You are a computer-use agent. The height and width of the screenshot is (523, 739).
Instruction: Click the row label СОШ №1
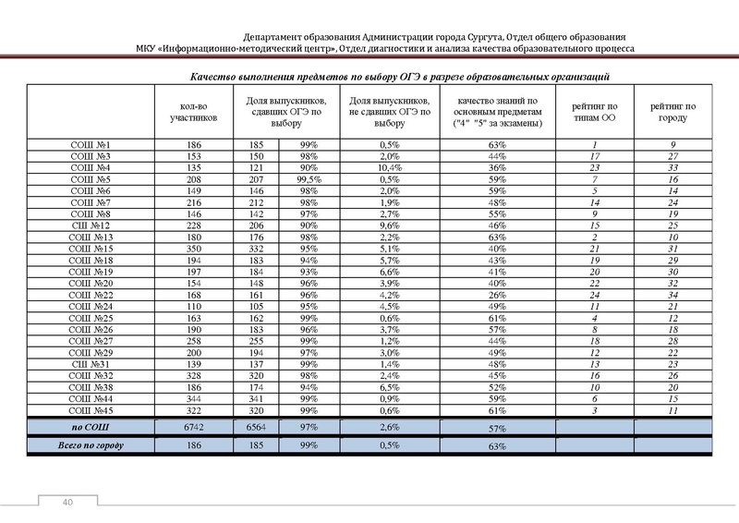(91, 145)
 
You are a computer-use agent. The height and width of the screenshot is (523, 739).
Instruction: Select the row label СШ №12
(91, 225)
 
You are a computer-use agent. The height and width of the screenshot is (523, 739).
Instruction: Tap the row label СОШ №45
(91, 408)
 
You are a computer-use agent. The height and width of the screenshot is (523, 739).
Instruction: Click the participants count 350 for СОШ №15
(194, 249)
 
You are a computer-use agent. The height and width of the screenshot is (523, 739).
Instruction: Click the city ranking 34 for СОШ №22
(673, 294)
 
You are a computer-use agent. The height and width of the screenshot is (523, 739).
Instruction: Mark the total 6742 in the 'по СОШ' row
(194, 427)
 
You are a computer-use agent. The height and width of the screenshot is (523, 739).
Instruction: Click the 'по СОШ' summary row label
(91, 427)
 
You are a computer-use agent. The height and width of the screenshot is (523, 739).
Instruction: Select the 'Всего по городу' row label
(91, 446)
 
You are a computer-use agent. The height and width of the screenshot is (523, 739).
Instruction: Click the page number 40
(67, 502)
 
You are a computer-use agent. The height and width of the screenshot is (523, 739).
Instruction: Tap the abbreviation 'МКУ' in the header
(150, 48)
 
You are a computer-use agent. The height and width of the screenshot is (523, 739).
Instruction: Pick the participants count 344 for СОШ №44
(194, 397)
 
